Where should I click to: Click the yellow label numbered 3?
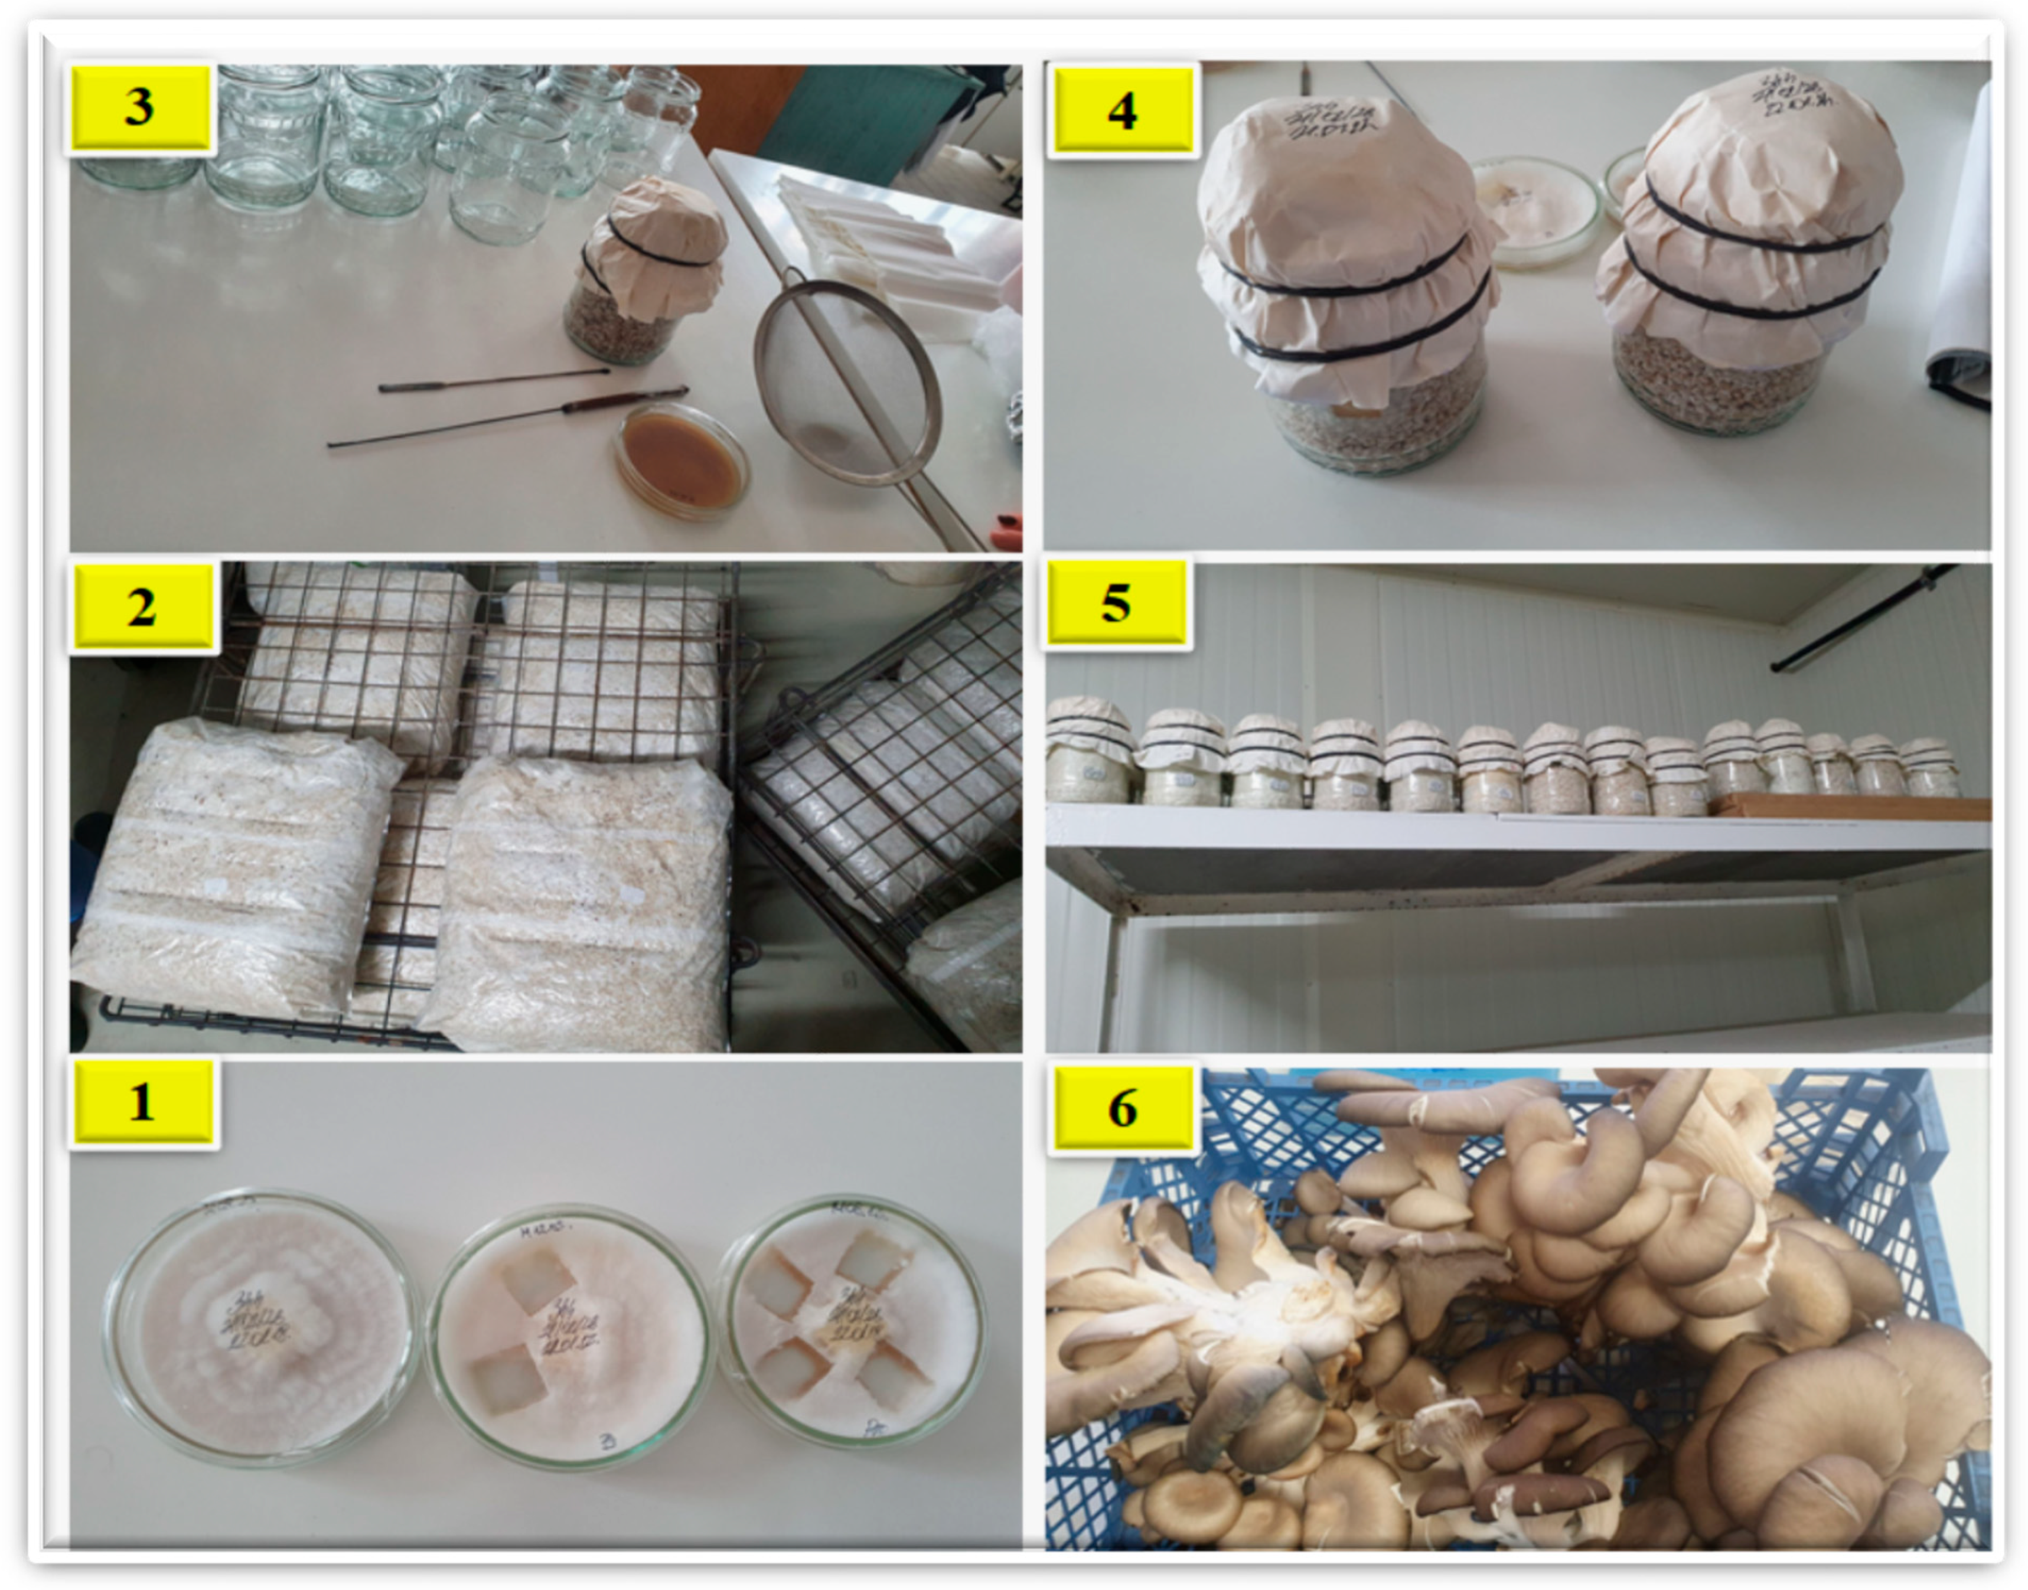140,106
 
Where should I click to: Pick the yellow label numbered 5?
1116,602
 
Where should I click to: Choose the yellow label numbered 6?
1122,1108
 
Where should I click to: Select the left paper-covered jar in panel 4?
1345,279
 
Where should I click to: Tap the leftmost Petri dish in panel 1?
260,1327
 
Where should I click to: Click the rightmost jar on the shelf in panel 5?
1929,768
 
